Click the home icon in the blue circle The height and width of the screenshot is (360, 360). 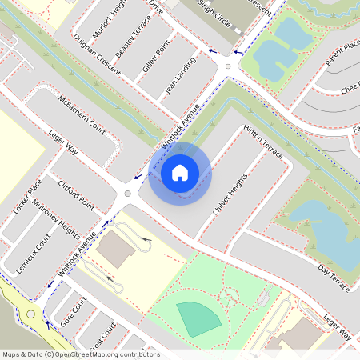pyautogui.click(x=180, y=171)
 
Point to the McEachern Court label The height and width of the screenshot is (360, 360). pyautogui.click(x=82, y=114)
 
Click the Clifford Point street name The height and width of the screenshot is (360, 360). pyautogui.click(x=76, y=196)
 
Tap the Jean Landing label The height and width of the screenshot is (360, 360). pyautogui.click(x=180, y=76)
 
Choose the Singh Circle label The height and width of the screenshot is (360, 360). pyautogui.click(x=214, y=14)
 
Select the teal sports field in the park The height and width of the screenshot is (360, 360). pyautogui.click(x=198, y=318)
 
